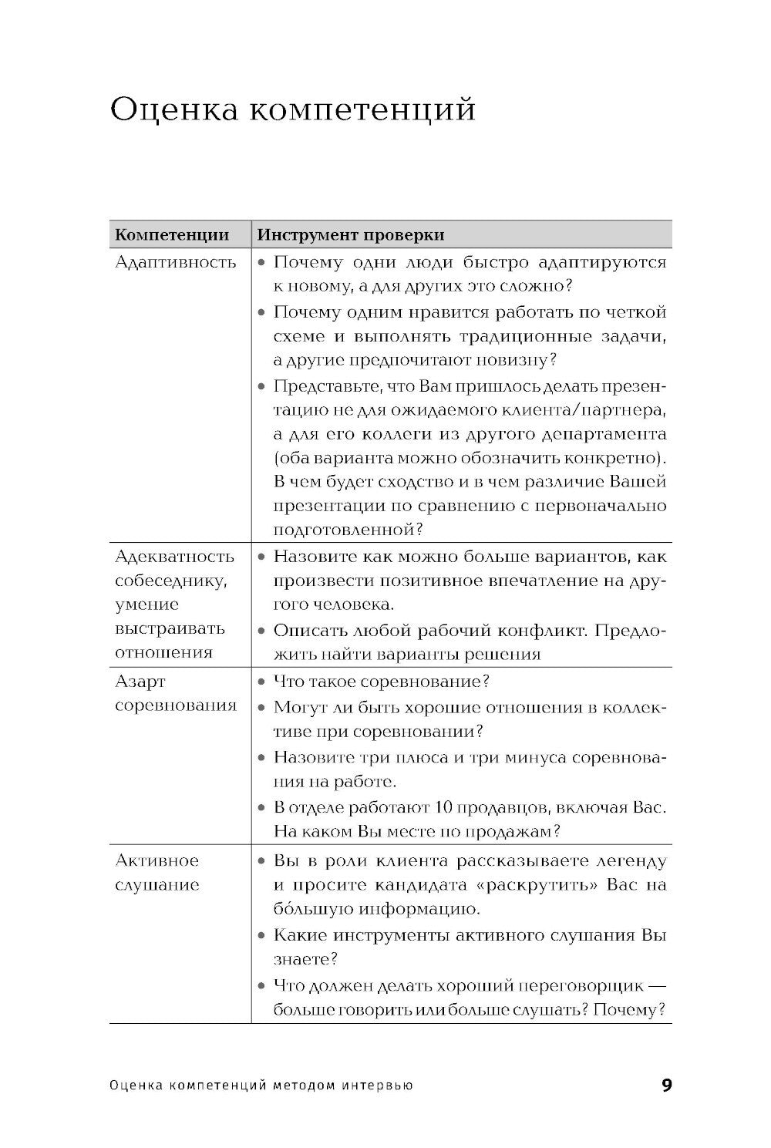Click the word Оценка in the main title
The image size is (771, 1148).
pyautogui.click(x=173, y=110)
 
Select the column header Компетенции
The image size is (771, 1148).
pyautogui.click(x=172, y=234)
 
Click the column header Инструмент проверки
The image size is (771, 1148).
pyautogui.click(x=351, y=234)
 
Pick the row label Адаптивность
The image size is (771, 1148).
pyautogui.click(x=176, y=262)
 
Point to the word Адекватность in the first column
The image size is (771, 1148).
pyautogui.click(x=174, y=557)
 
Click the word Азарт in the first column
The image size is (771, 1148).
pyautogui.click(x=140, y=682)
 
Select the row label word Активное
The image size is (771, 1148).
pyautogui.click(x=157, y=860)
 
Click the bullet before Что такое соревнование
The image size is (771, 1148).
pyautogui.click(x=262, y=682)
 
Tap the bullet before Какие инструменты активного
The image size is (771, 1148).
pyautogui.click(x=262, y=936)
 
